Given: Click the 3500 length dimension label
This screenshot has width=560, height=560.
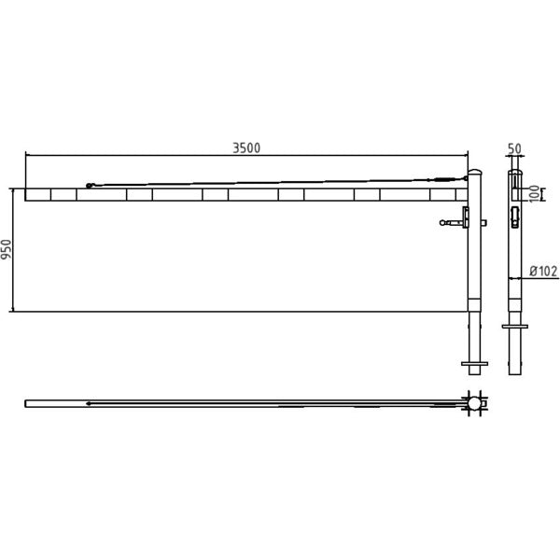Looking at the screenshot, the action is tap(246, 147).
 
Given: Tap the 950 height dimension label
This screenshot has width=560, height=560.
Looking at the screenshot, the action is tap(7, 249).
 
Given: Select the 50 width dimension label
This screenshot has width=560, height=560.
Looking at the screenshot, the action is tap(514, 149).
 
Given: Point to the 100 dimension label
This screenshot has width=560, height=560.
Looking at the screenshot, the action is tap(534, 194).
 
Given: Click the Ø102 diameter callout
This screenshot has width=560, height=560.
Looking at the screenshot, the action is tap(543, 271).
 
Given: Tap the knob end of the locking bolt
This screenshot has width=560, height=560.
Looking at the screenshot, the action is tap(442, 223).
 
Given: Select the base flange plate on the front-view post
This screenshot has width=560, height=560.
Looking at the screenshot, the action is tap(475, 364).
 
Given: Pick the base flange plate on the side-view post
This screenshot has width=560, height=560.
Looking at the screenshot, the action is tap(514, 327).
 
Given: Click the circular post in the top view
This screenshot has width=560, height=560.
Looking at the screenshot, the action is tap(475, 403).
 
